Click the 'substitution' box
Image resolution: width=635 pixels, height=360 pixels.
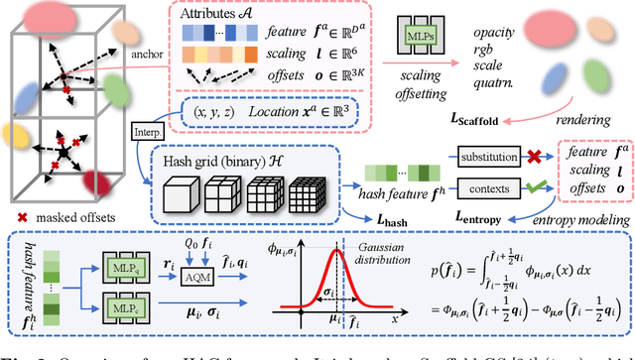point(494,157)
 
